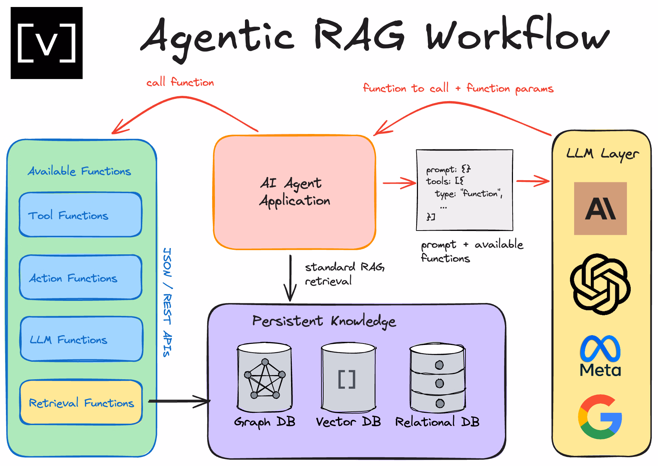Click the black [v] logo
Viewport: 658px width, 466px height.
point(46,43)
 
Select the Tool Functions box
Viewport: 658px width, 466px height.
point(81,215)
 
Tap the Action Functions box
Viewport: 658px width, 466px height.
point(81,277)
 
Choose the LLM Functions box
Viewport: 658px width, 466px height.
point(81,339)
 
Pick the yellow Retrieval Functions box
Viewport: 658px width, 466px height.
point(81,403)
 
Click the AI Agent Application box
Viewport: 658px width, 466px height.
point(295,192)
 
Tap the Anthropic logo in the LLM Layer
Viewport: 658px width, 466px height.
point(600,209)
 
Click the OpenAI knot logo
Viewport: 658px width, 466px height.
point(600,284)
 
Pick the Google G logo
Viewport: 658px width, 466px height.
point(600,417)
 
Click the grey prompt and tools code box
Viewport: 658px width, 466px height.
point(464,190)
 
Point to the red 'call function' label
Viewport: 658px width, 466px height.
point(180,82)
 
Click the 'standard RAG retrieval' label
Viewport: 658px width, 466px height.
point(344,274)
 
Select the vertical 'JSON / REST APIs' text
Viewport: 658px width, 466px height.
point(167,302)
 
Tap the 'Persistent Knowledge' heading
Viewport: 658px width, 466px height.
point(324,321)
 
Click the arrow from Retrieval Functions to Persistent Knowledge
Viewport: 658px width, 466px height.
point(179,401)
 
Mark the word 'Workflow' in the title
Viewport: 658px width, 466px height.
point(517,35)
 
